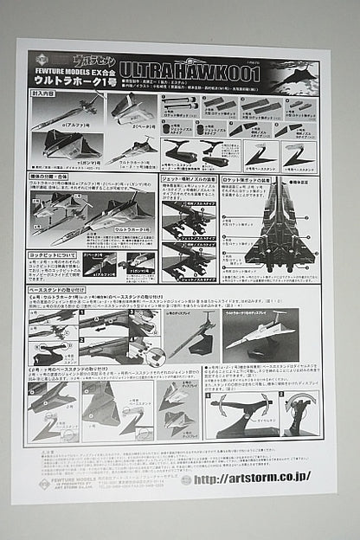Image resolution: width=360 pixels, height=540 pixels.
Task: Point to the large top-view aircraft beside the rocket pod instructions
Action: pyautogui.click(x=277, y=229)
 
